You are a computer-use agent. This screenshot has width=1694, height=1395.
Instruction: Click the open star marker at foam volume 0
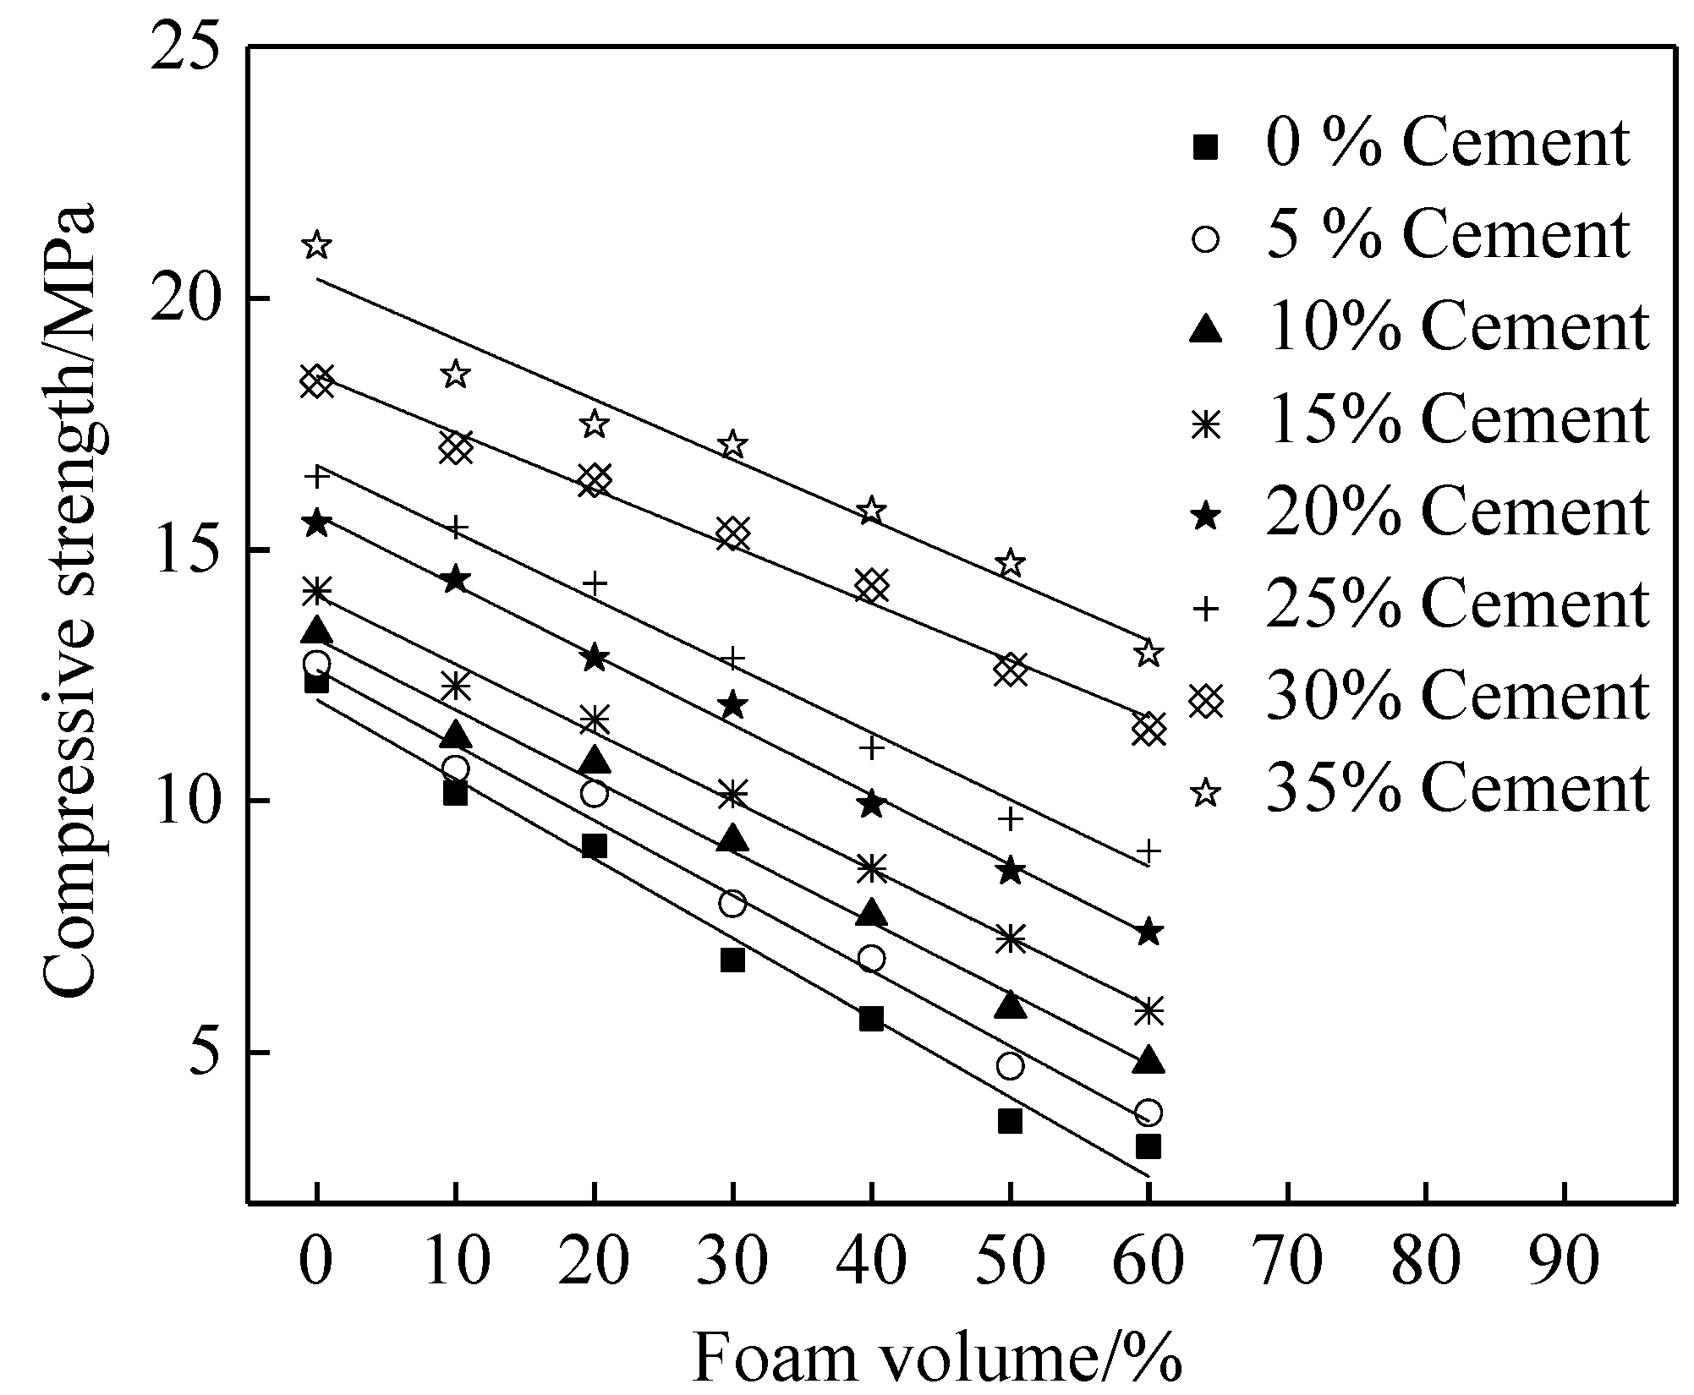point(317,245)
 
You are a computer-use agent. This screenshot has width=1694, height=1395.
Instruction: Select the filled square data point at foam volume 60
point(1148,1147)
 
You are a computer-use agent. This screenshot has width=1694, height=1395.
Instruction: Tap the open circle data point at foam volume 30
point(732,904)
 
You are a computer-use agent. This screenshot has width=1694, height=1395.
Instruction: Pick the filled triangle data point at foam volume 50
point(1010,1005)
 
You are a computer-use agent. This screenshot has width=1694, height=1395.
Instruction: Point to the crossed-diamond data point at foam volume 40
point(871,585)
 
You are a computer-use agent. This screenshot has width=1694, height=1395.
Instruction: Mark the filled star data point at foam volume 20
point(594,658)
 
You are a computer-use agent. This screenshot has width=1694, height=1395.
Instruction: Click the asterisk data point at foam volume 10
point(455,686)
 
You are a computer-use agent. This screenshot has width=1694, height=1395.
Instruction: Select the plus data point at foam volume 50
point(1010,818)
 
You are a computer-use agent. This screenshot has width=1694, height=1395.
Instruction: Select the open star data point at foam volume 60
point(1148,653)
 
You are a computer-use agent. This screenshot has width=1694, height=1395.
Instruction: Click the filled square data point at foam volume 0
point(316,681)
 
